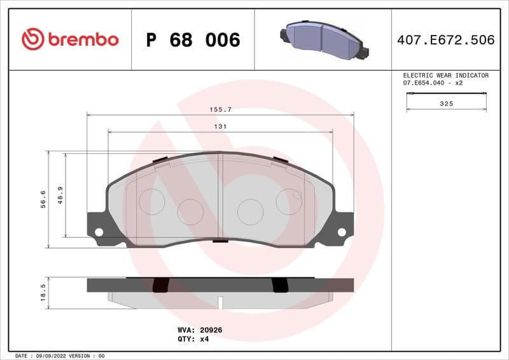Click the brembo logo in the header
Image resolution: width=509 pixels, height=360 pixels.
70,39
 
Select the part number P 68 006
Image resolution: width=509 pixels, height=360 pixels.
193,40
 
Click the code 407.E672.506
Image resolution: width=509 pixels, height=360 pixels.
445,40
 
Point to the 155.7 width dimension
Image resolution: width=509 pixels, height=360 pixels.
220,109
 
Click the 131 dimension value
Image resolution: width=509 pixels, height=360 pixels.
220,127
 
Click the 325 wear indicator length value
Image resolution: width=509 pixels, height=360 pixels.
447,104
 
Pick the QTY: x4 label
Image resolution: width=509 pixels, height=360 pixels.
193,339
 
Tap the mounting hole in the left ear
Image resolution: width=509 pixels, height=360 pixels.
99,232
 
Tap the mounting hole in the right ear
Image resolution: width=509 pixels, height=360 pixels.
342,232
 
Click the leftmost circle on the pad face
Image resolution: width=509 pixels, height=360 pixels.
151,202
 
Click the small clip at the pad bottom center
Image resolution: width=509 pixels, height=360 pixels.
220,240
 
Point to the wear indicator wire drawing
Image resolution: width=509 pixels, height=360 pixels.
447,94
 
